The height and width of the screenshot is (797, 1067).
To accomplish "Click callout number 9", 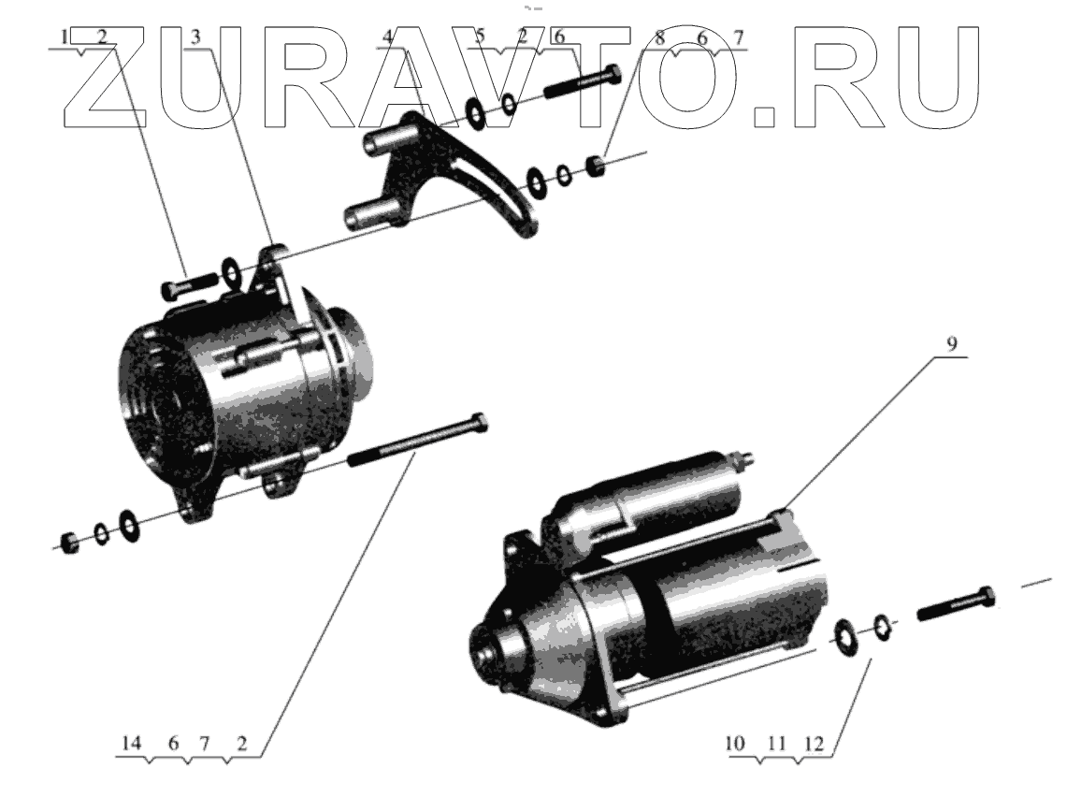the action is tap(951, 344).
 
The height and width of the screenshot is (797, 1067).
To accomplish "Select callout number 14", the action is tap(131, 744).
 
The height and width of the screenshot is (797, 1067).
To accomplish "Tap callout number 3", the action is tap(196, 37).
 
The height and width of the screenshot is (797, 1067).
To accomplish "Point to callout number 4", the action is tap(387, 37).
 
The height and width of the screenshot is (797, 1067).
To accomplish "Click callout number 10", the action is tap(735, 744).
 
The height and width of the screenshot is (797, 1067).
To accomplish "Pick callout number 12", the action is tap(814, 744).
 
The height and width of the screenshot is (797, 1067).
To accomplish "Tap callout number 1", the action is tap(65, 36).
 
